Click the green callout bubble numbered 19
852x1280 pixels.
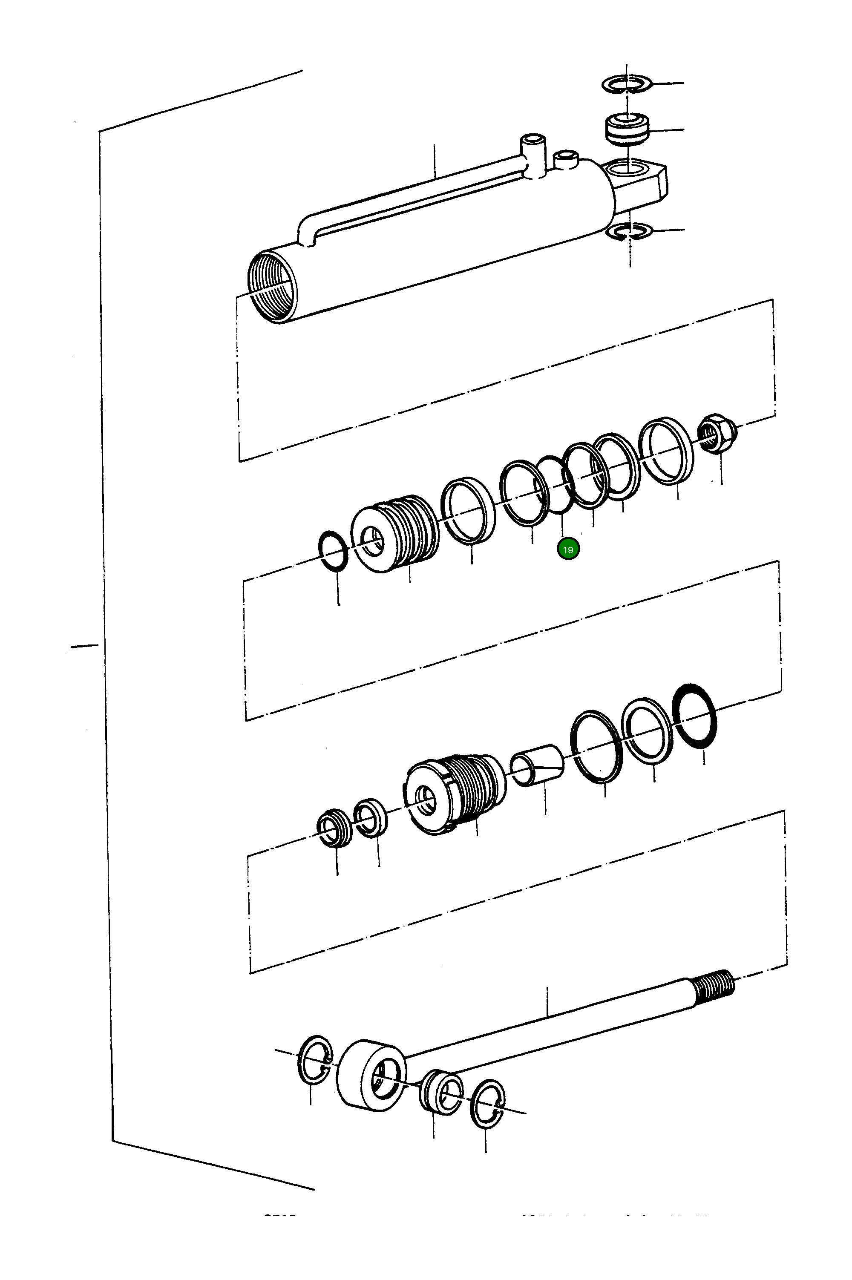[568, 549]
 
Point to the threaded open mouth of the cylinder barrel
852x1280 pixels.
[273, 286]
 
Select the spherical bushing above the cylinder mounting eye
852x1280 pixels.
[627, 130]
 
